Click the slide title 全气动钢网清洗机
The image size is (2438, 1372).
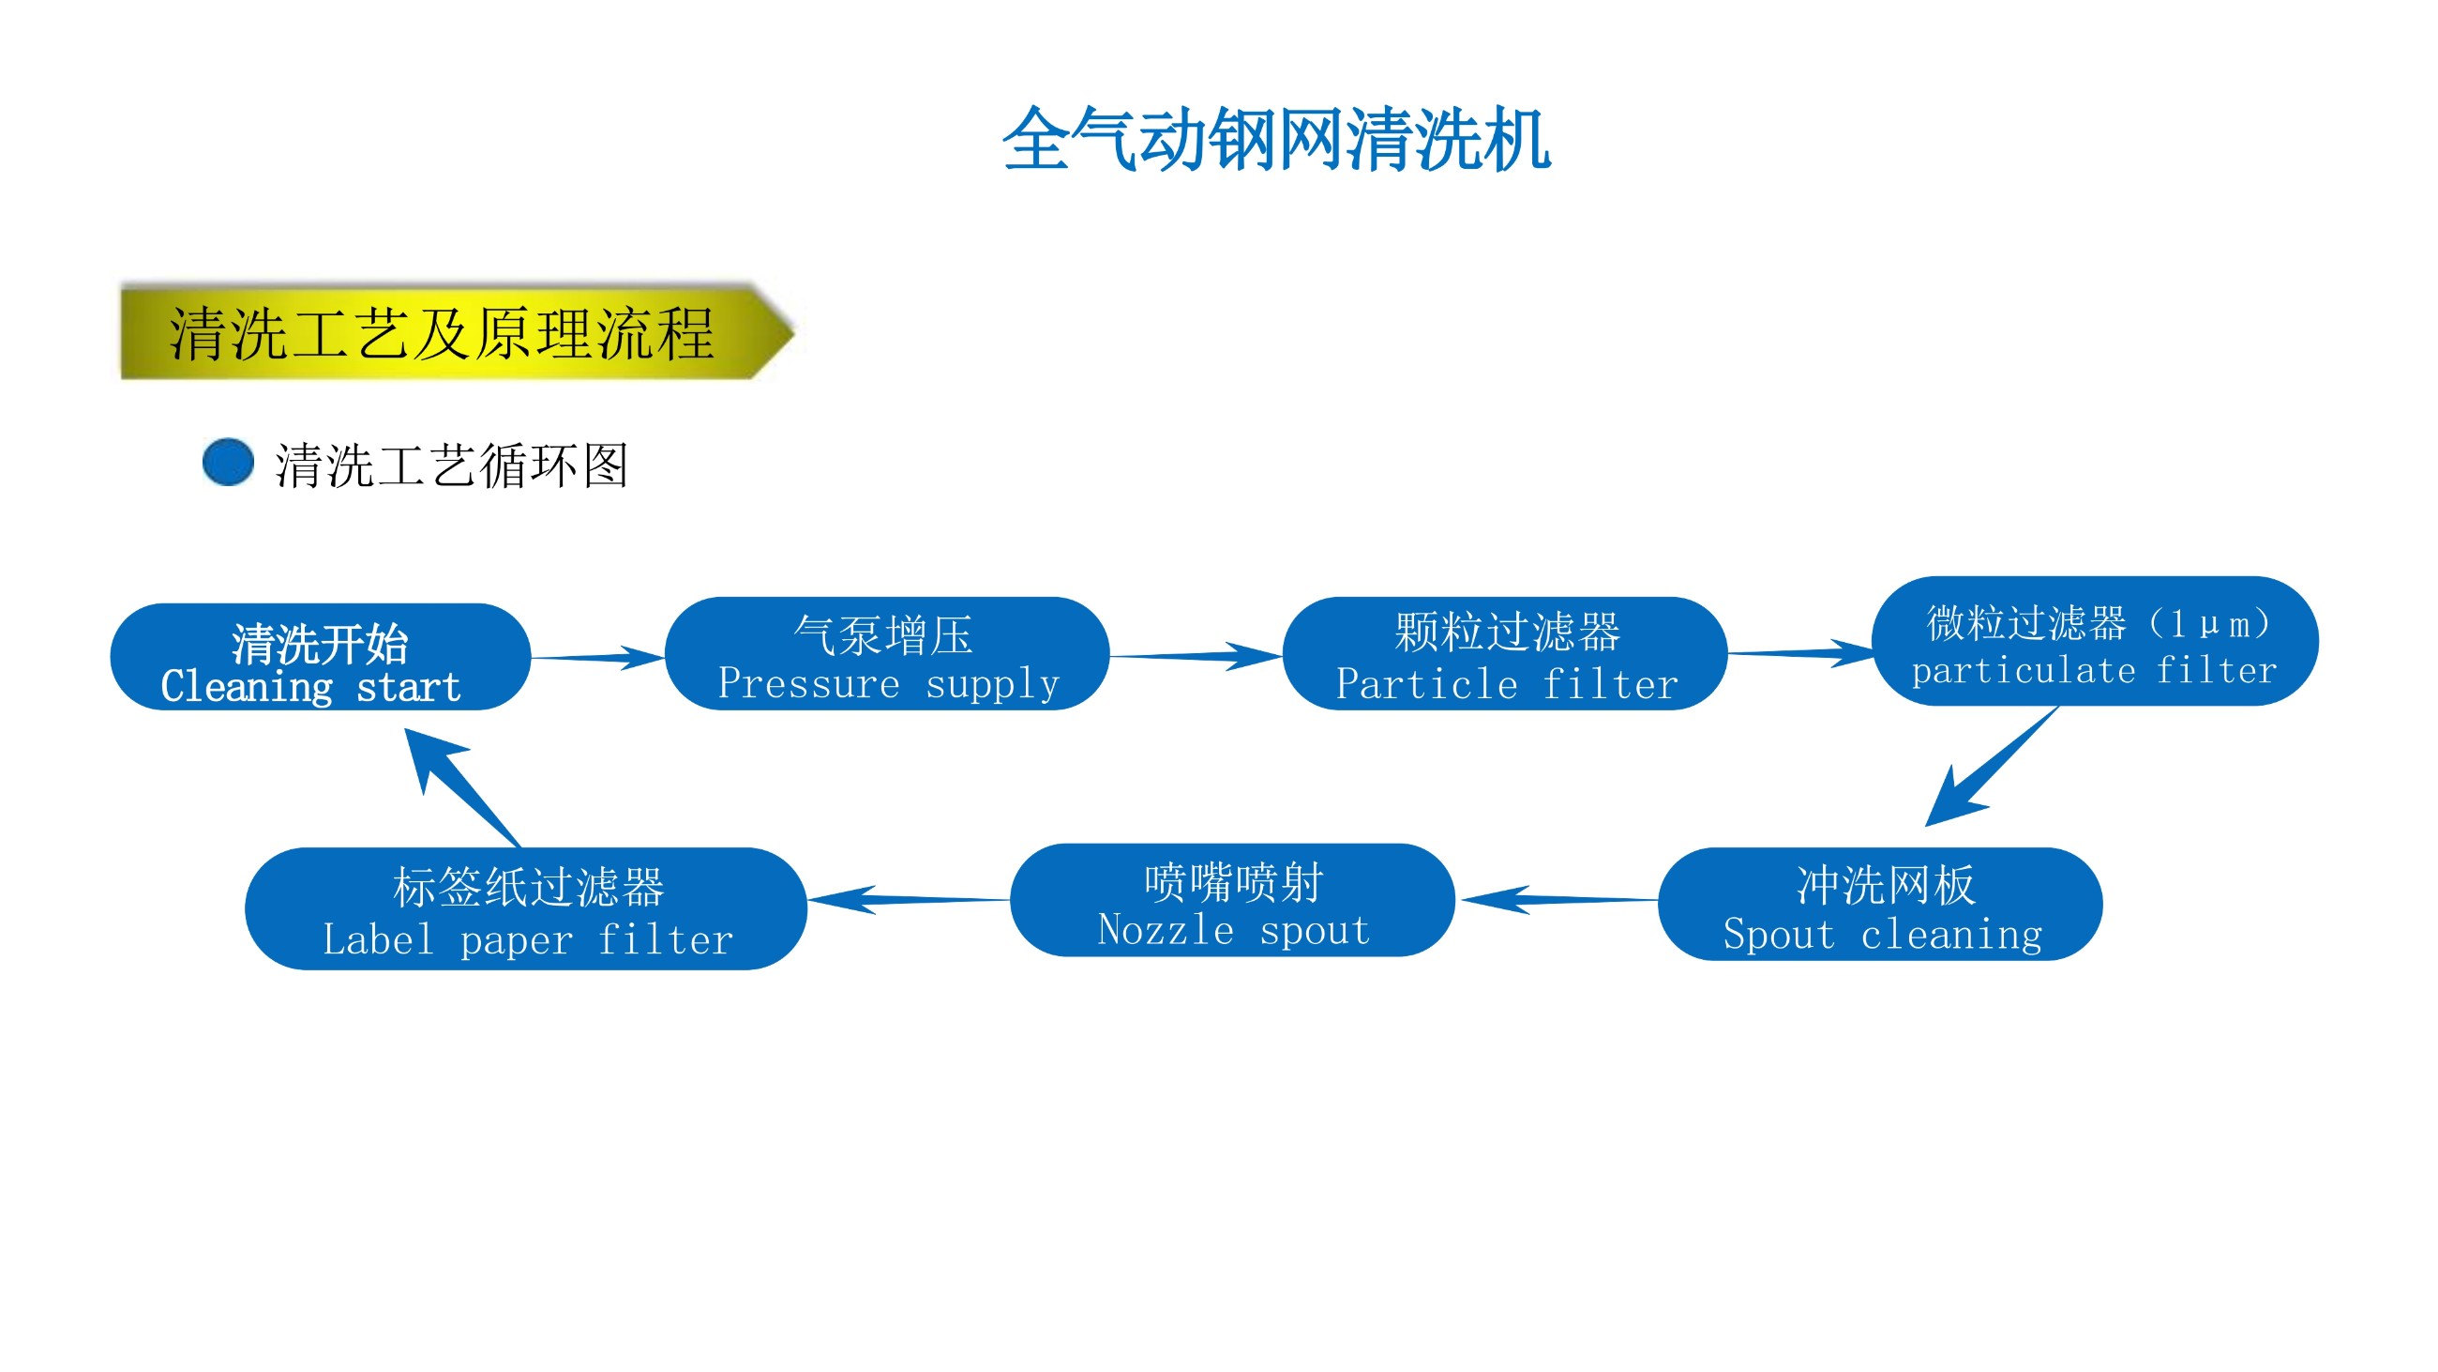pos(1276,140)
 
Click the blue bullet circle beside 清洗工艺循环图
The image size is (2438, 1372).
pos(228,462)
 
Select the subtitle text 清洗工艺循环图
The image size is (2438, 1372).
pos(451,465)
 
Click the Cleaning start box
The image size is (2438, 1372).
pos(320,657)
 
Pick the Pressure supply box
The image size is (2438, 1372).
pos(887,654)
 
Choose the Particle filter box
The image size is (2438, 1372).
pos(1505,654)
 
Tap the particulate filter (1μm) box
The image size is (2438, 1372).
pos(2095,642)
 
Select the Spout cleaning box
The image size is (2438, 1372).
pos(1881,906)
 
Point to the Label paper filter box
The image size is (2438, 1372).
pos(525,909)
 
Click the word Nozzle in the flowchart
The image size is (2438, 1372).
pos(1165,930)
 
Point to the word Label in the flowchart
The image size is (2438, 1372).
pos(378,939)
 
